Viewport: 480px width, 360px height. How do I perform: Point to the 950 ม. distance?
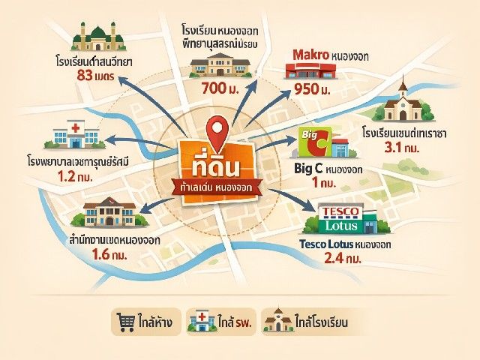[313, 90]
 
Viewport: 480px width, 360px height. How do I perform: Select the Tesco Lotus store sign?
[341, 217]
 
